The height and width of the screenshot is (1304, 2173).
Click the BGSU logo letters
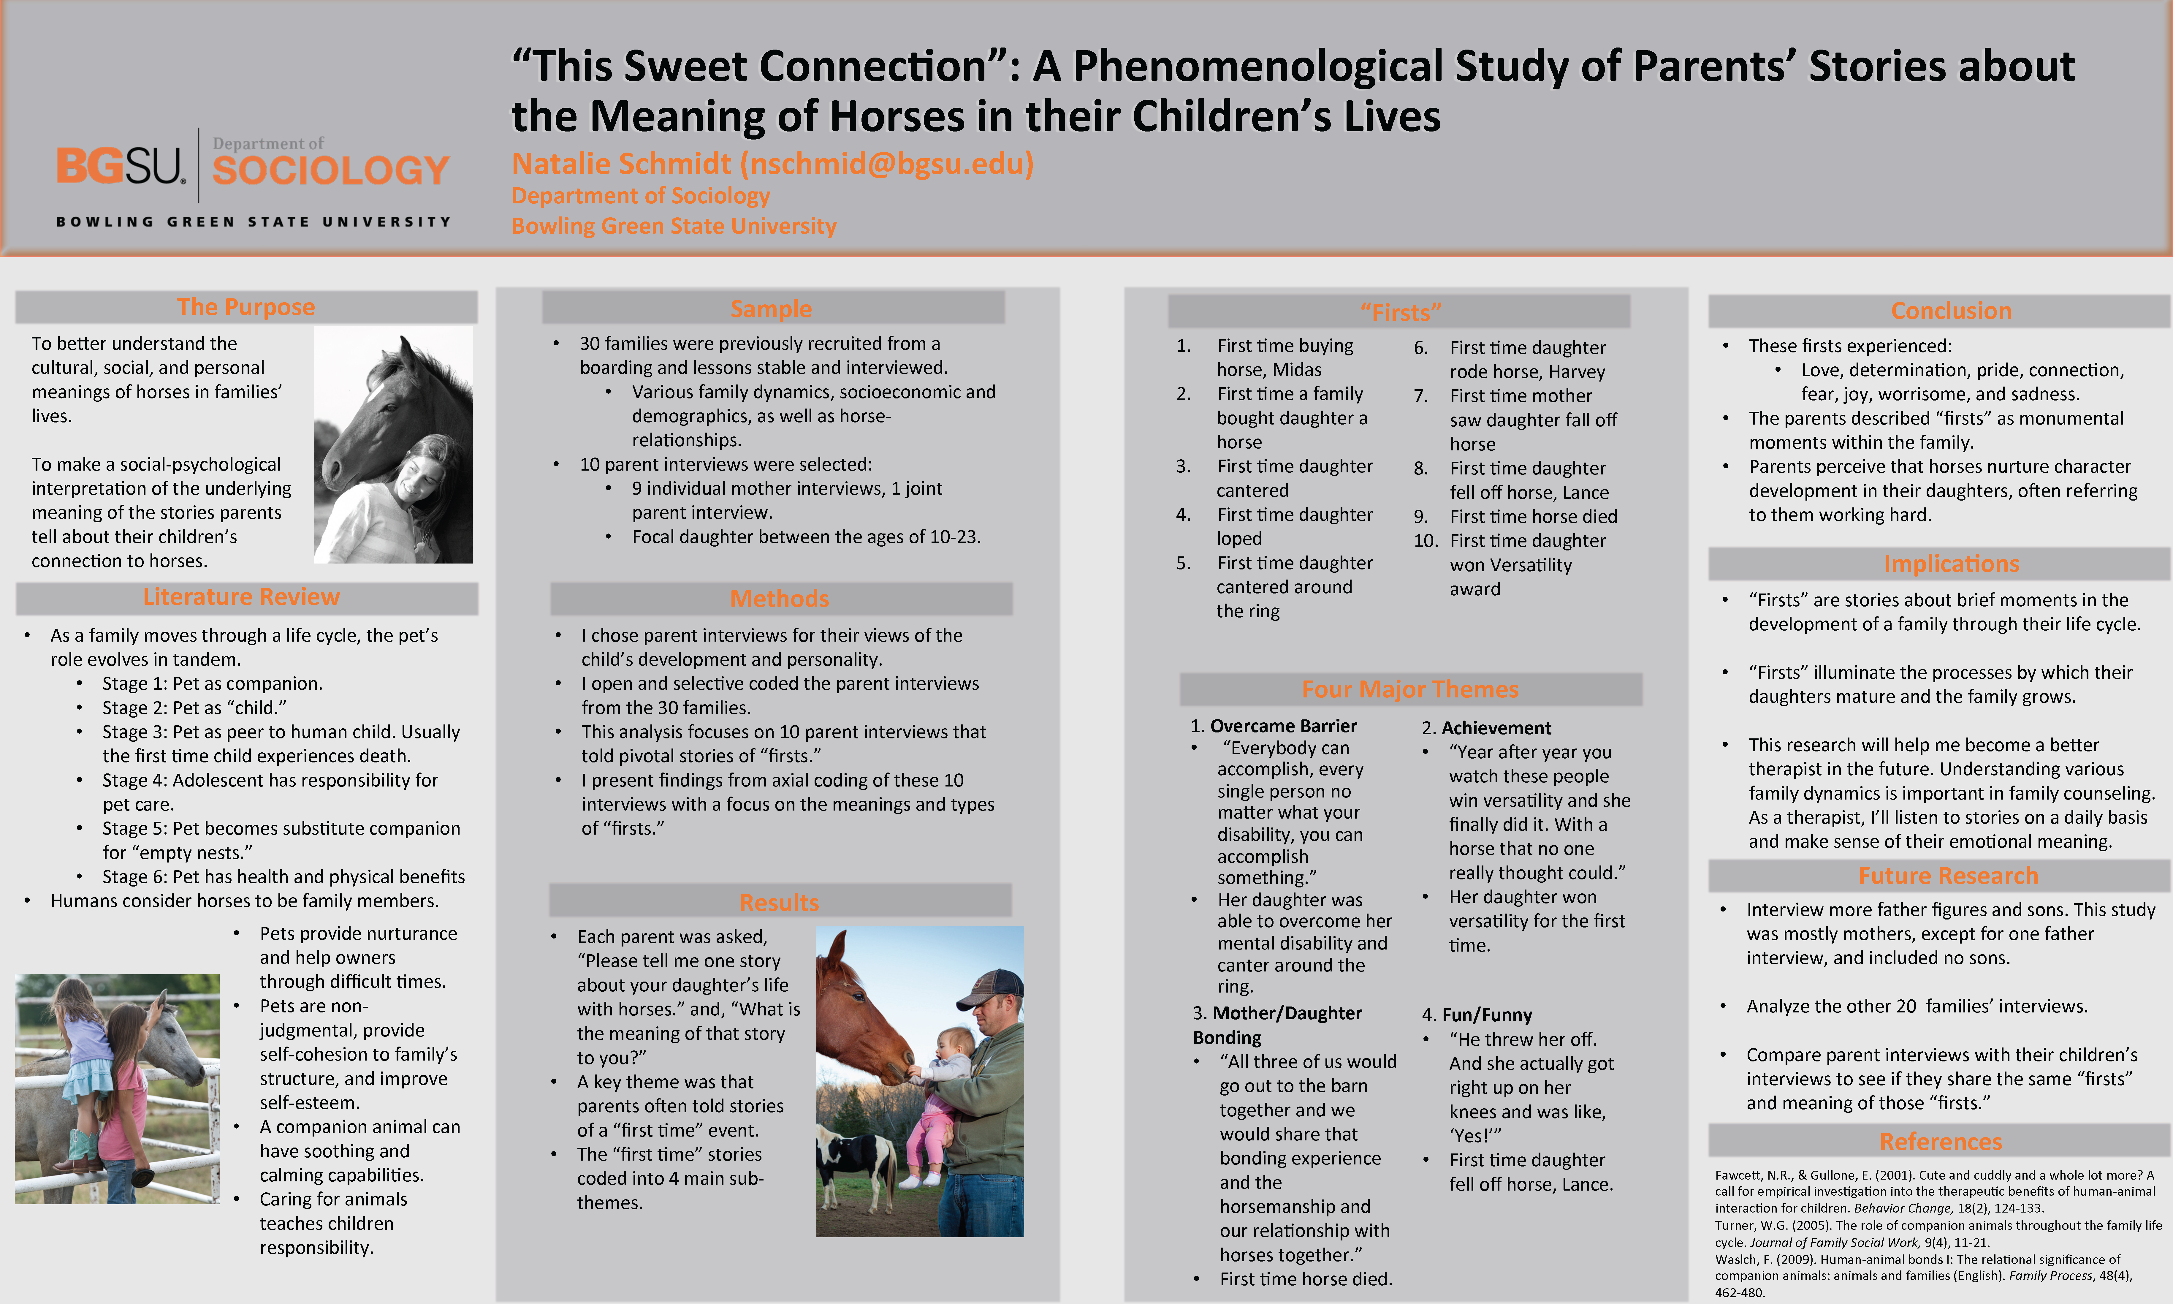[x=120, y=166]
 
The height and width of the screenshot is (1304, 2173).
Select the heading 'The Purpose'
[x=246, y=307]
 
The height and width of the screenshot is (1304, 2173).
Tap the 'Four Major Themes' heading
[x=1410, y=689]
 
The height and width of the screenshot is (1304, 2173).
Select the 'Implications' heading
[x=1951, y=563]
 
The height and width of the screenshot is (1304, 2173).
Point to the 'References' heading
[x=1940, y=1141]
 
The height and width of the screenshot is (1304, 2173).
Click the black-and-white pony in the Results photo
[x=852, y=1160]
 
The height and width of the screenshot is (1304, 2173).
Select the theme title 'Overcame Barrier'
[x=1283, y=726]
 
